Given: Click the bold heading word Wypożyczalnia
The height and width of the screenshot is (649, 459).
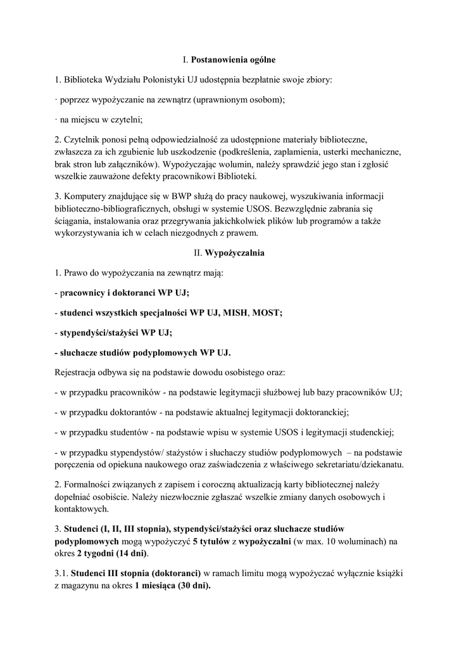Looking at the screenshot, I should tap(234, 253).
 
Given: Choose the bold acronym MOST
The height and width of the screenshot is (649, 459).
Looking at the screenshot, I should tap(267, 312).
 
